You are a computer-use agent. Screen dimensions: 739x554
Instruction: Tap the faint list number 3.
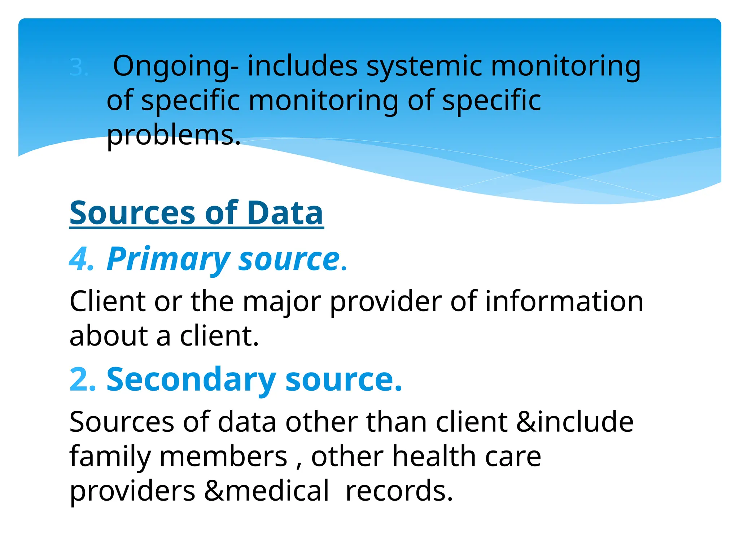tap(79, 68)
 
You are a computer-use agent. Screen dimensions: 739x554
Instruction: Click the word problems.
tap(173, 136)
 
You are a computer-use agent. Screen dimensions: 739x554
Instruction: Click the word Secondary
tap(191, 379)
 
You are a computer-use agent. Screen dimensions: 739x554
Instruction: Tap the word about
tap(108, 336)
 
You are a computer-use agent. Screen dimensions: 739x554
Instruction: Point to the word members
tap(223, 457)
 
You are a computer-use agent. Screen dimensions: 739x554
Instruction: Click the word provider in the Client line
tap(385, 302)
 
